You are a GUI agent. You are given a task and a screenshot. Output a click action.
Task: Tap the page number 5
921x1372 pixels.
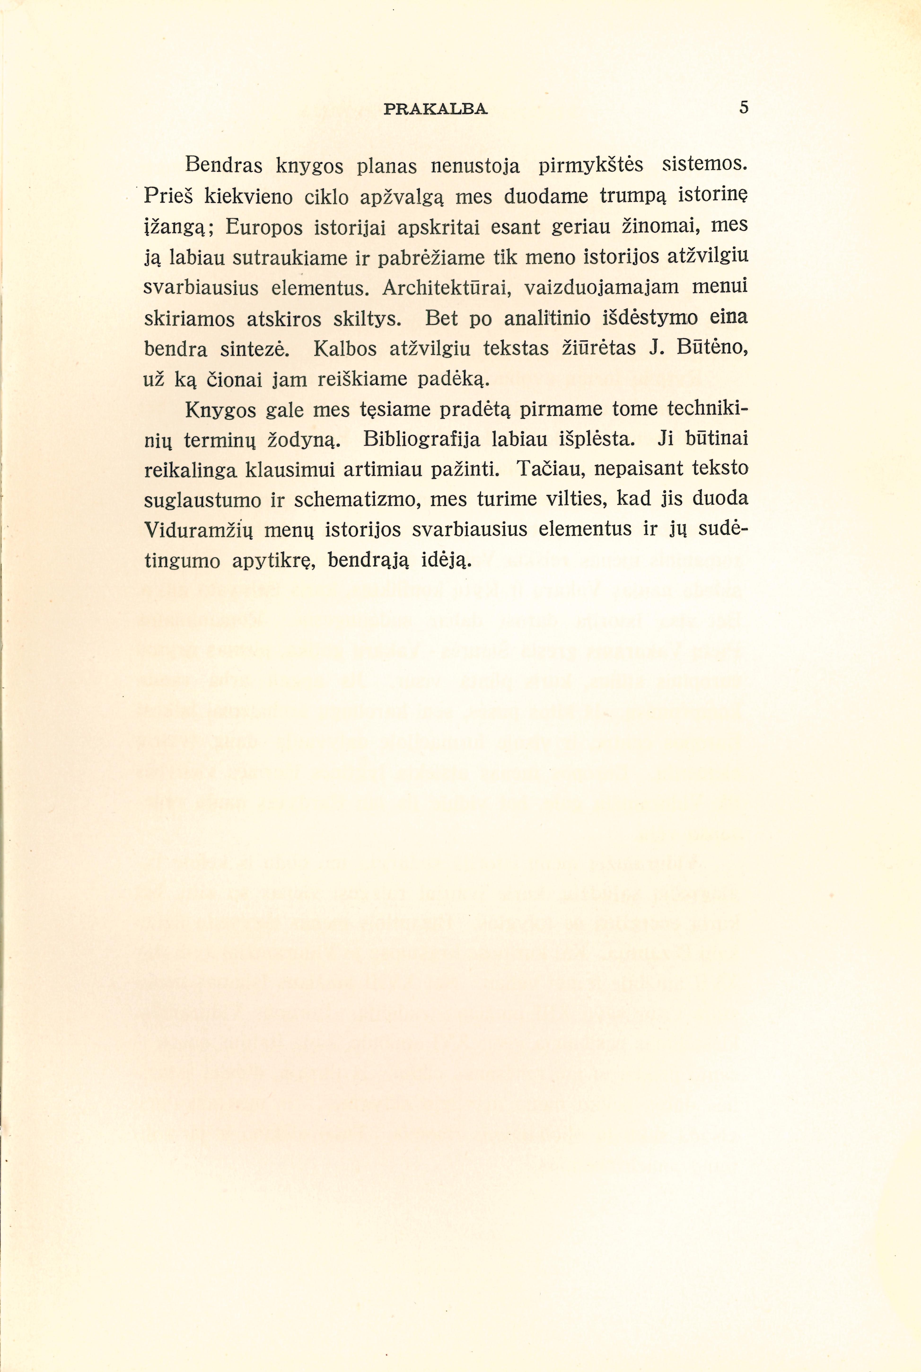coord(744,107)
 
